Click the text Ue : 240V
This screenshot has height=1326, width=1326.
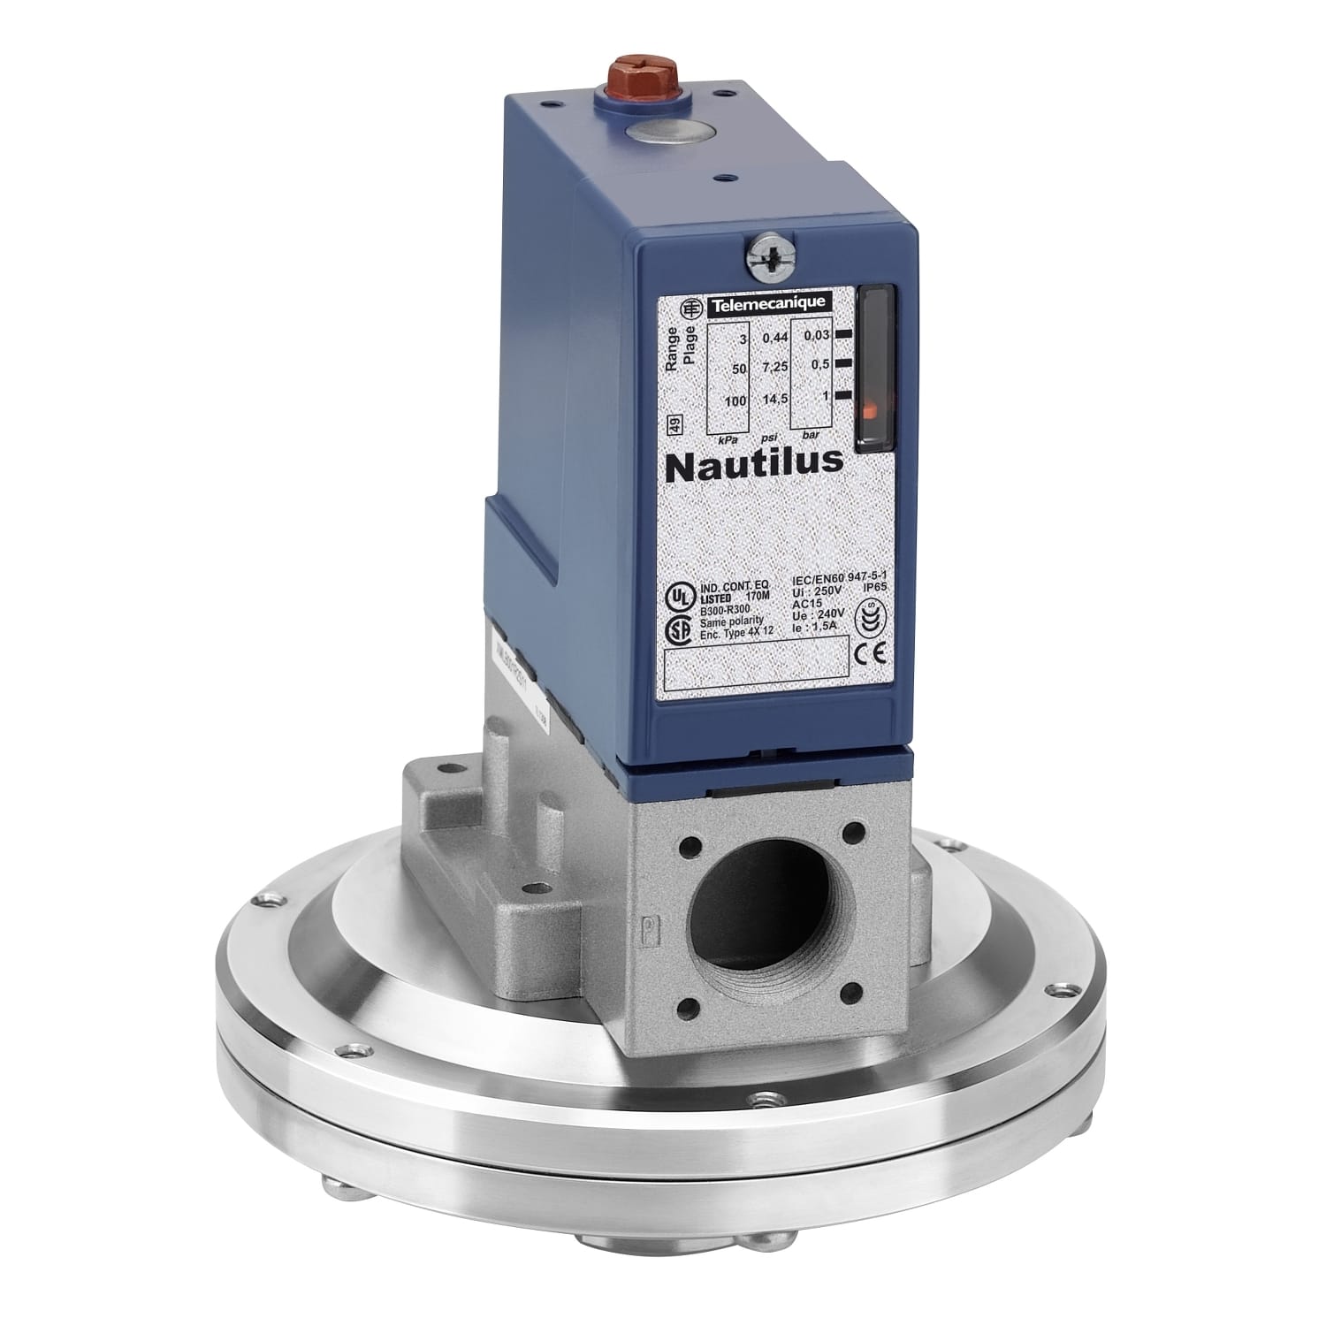tap(819, 613)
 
